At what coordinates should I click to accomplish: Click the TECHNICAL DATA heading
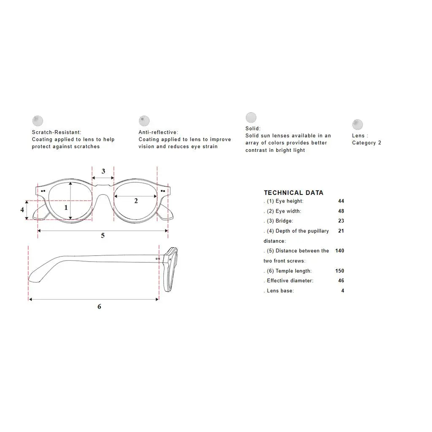pyautogui.click(x=294, y=192)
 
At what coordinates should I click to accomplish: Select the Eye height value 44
pyautogui.click(x=341, y=201)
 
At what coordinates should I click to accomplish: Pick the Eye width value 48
pyautogui.click(x=341, y=211)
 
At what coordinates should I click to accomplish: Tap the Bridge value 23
pyautogui.click(x=341, y=221)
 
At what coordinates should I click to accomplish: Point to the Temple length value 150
pyautogui.click(x=340, y=271)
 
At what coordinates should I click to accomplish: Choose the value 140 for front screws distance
pyautogui.click(x=340, y=251)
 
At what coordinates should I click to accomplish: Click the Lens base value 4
pyautogui.click(x=343, y=291)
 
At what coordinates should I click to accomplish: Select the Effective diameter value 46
pyautogui.click(x=341, y=281)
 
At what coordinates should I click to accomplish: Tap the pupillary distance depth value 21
pyautogui.click(x=341, y=231)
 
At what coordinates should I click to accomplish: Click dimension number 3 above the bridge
pyautogui.click(x=103, y=171)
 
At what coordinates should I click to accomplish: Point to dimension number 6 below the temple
pyautogui.click(x=99, y=306)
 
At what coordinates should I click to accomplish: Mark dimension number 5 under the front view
pyautogui.click(x=103, y=235)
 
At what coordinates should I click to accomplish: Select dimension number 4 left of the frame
pyautogui.click(x=22, y=210)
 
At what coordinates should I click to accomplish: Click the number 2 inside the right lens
pyautogui.click(x=136, y=201)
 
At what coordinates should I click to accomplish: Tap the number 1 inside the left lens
pyautogui.click(x=66, y=208)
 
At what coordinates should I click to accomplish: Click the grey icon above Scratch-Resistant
pyautogui.click(x=38, y=121)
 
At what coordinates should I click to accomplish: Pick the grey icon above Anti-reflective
pyautogui.click(x=144, y=121)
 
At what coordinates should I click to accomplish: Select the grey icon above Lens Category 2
pyautogui.click(x=357, y=124)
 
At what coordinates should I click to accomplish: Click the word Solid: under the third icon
pyautogui.click(x=253, y=129)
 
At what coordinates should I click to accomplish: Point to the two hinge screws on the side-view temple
pyautogui.click(x=158, y=259)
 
